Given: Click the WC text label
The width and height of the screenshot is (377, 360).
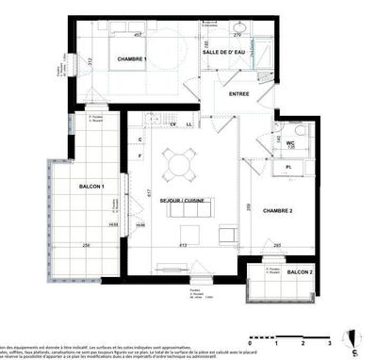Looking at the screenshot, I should tap(291, 143).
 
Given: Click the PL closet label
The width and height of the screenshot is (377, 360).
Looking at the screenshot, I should tap(287, 167).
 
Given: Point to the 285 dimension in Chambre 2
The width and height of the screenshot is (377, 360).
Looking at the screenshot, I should tap(277, 246).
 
